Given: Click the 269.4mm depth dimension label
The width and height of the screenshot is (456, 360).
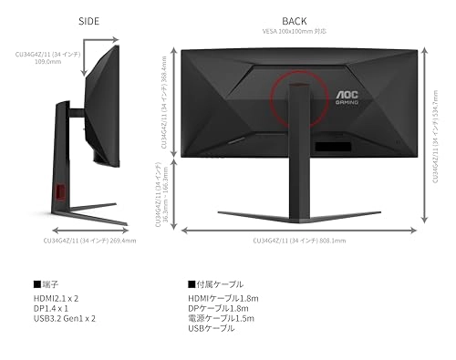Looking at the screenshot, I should click(x=90, y=241).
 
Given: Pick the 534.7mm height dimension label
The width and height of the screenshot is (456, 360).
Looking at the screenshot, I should click(x=434, y=129).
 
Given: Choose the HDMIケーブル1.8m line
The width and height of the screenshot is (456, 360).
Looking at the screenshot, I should click(x=223, y=298).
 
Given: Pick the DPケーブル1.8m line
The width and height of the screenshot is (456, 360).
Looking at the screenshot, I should click(x=218, y=308).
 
